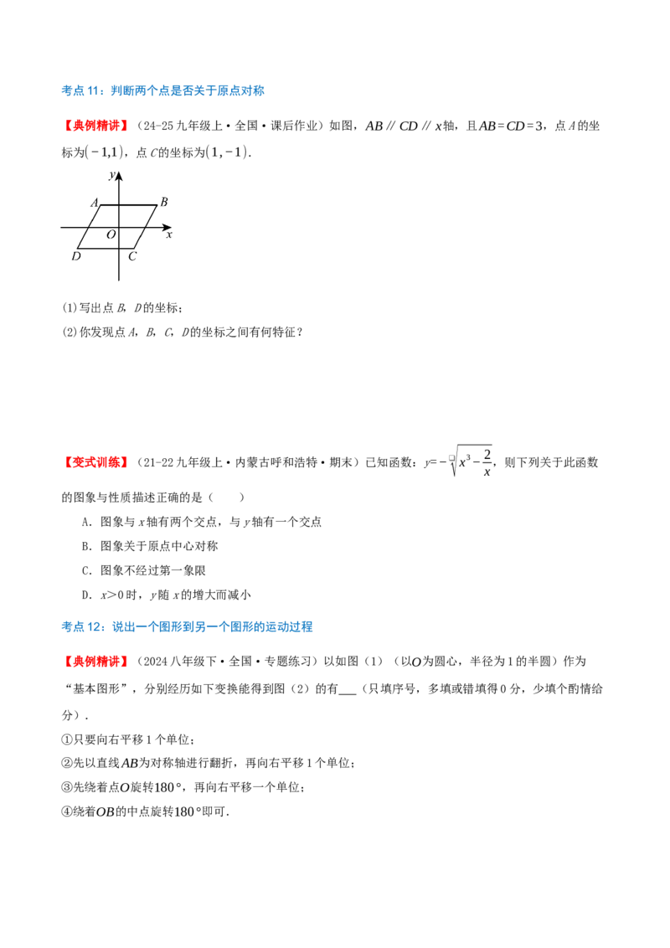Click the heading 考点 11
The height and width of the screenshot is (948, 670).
tap(162, 90)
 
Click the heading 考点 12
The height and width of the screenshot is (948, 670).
tap(187, 626)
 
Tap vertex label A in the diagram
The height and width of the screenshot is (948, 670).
tap(95, 203)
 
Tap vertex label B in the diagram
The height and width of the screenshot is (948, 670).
tap(164, 202)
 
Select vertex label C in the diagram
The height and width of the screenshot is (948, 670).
tap(132, 255)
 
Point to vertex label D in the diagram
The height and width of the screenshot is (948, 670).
tap(76, 255)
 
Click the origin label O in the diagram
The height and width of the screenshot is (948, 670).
tap(111, 234)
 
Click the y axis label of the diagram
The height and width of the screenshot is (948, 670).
tap(112, 175)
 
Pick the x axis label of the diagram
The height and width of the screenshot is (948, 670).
tap(169, 234)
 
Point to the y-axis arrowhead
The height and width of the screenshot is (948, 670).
tap(119, 176)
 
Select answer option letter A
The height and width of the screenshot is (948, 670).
tap(85, 522)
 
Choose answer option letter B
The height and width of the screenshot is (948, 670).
tap(85, 546)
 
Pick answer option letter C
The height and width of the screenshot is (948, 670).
tap(85, 570)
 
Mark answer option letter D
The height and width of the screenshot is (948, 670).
tap(85, 595)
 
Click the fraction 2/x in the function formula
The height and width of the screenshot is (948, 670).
tap(487, 462)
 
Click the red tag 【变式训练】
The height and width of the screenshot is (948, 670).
tap(96, 462)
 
